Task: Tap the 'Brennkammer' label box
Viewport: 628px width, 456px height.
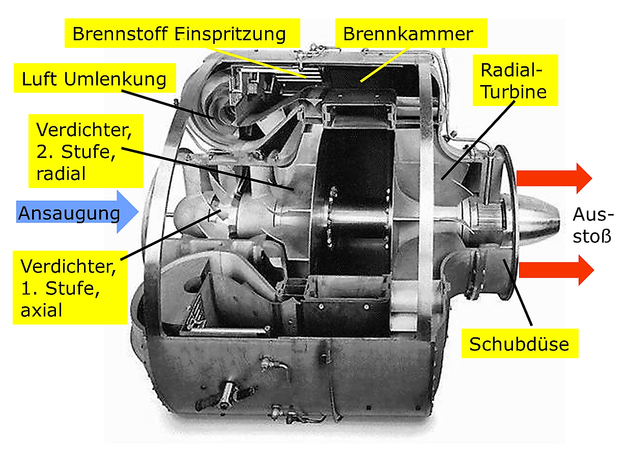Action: click(411, 33)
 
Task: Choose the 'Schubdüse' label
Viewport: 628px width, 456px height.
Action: click(520, 343)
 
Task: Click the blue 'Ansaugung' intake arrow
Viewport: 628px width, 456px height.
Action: click(77, 212)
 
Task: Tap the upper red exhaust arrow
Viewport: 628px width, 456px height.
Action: click(554, 178)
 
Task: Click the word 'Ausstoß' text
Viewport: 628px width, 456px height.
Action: click(593, 225)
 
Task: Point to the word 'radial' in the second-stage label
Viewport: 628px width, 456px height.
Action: click(61, 173)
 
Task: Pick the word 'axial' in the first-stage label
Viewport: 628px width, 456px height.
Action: click(41, 310)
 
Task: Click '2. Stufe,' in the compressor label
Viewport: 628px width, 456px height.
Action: click(76, 151)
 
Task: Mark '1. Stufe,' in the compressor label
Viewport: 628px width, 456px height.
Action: click(60, 288)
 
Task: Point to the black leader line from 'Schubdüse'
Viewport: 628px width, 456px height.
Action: click(518, 292)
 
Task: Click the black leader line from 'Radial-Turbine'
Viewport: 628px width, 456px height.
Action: click(478, 140)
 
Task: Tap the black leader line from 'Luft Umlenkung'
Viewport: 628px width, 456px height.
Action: click(167, 104)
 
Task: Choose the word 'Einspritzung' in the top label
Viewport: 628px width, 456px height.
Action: click(230, 34)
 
